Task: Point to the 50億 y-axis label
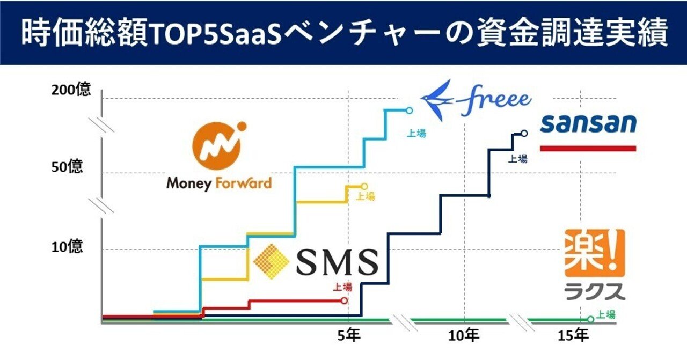[67, 167]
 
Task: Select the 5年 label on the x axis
[349, 336]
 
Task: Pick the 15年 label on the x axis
[573, 336]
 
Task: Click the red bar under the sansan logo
[588, 148]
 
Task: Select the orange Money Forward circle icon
[218, 142]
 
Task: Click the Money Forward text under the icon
[218, 183]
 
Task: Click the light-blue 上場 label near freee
[416, 134]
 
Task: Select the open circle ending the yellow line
[364, 187]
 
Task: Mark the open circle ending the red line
[345, 300]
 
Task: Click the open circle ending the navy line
[524, 134]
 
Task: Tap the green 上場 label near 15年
[606, 315]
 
